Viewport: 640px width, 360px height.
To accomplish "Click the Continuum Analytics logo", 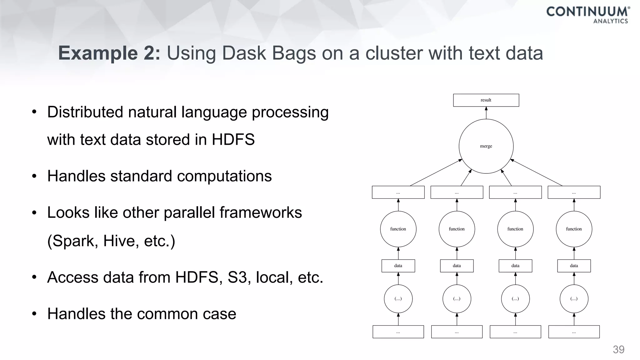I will click(x=587, y=15).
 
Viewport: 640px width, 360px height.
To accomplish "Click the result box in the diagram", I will click(x=486, y=100).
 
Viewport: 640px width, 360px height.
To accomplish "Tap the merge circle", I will click(x=486, y=146).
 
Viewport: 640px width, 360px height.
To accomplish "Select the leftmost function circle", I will click(x=398, y=229).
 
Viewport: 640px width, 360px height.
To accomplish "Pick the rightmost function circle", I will click(x=574, y=229).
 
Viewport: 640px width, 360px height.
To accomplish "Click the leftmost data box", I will click(x=398, y=266).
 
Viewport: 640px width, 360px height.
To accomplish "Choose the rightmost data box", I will click(x=574, y=266).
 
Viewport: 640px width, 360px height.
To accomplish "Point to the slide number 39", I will click(x=618, y=349).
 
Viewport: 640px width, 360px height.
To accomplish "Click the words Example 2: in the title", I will click(x=109, y=53).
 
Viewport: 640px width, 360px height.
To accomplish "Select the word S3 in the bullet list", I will click(x=237, y=277).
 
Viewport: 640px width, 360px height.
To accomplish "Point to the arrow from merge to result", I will click(x=486, y=113).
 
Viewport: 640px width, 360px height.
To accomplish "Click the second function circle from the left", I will click(x=457, y=229).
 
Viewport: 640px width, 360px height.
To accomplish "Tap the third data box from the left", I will click(x=515, y=266).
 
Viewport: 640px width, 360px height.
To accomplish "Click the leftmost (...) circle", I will click(x=398, y=299).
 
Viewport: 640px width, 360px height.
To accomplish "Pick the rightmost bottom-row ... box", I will click(x=574, y=332).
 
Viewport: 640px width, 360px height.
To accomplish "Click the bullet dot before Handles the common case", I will click(x=34, y=314).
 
